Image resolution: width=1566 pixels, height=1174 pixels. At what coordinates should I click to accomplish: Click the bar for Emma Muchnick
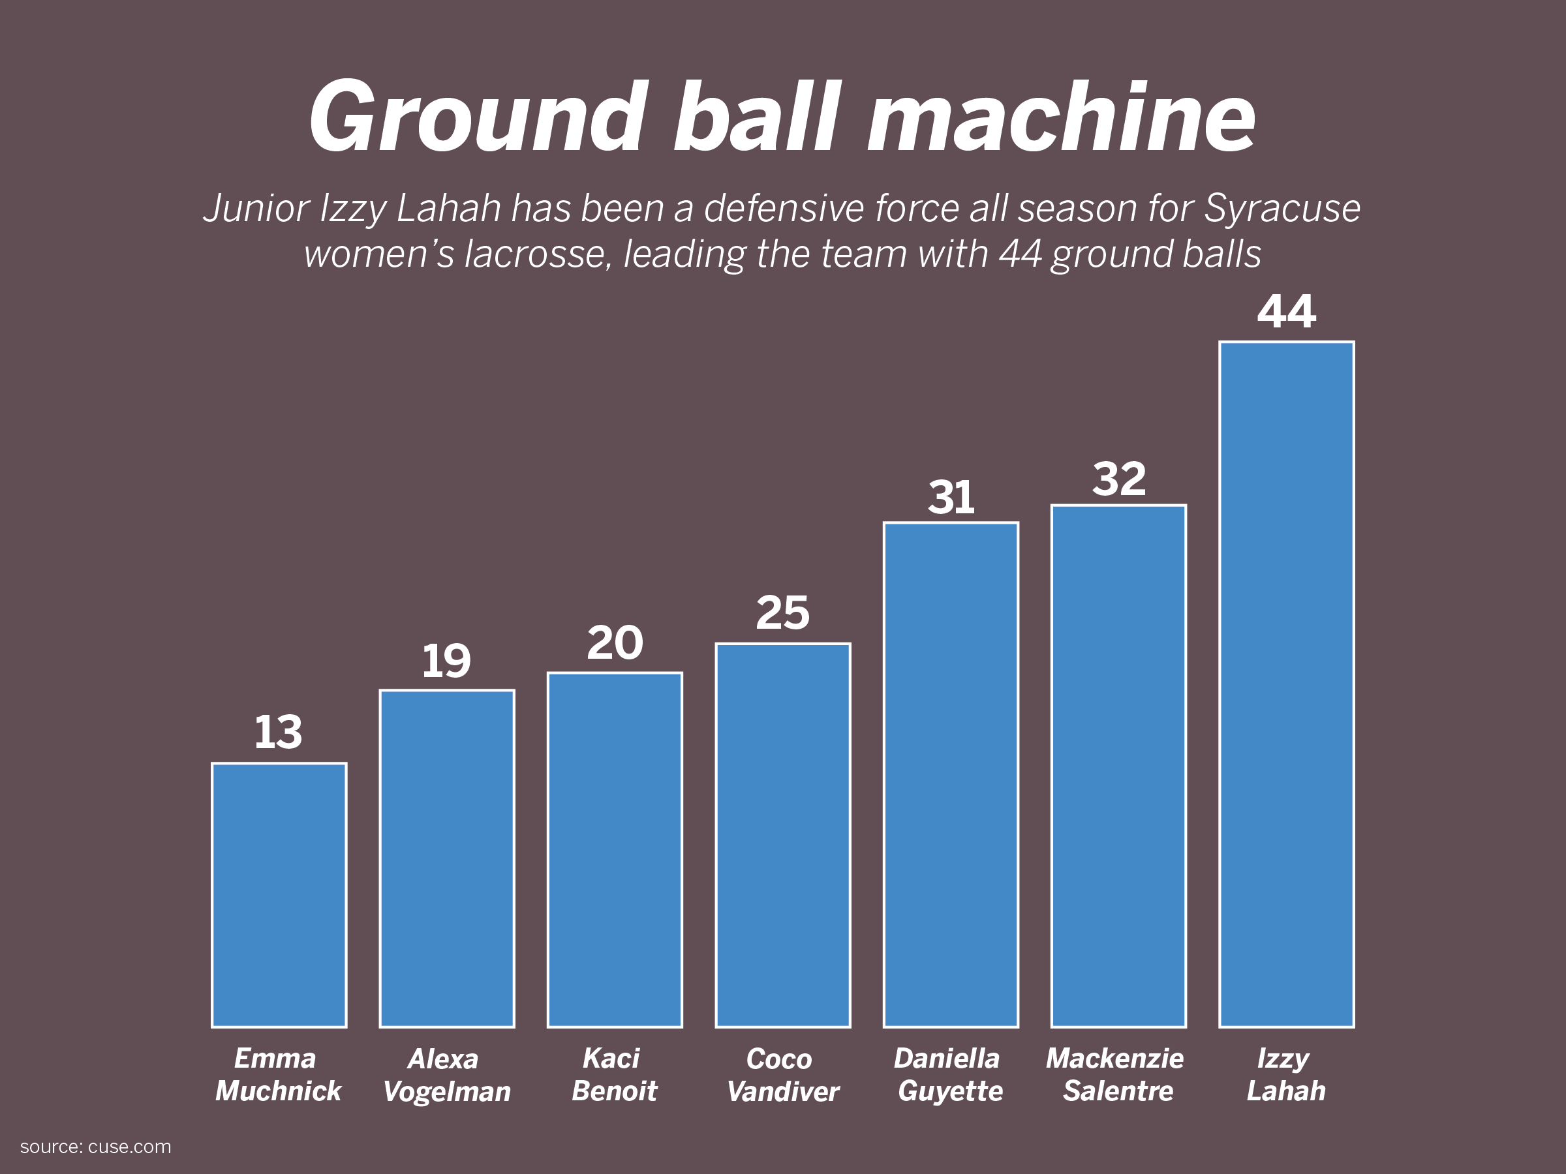[x=279, y=896]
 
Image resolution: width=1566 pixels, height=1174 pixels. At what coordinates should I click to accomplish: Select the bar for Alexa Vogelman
[x=447, y=858]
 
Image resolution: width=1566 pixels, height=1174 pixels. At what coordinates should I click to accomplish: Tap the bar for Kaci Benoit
[x=615, y=850]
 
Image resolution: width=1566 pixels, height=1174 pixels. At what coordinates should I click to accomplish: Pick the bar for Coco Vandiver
[x=783, y=835]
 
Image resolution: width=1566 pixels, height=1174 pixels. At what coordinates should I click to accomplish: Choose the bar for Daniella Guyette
[x=951, y=775]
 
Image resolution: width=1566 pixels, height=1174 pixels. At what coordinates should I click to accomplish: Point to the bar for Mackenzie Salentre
[x=1118, y=766]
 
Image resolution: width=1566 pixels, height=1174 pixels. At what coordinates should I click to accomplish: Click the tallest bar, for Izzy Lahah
[x=1286, y=684]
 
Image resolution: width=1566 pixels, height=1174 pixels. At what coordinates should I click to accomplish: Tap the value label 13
[x=278, y=732]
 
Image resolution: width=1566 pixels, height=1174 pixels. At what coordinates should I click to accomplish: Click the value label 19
[x=446, y=661]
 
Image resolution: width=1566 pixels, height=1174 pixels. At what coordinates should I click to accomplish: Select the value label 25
[x=782, y=612]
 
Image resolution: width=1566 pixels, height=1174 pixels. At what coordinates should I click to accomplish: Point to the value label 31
[x=951, y=497]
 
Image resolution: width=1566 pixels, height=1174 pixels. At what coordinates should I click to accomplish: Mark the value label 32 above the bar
[x=1118, y=479]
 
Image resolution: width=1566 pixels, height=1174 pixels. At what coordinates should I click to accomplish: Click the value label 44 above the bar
[x=1286, y=311]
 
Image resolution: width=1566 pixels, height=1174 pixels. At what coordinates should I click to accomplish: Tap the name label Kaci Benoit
[x=614, y=1075]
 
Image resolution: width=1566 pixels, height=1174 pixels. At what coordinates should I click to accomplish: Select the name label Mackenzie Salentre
[x=1115, y=1075]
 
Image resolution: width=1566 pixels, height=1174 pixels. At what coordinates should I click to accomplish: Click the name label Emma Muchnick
[x=277, y=1075]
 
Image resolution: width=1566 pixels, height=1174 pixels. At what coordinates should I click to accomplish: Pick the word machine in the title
[x=1062, y=117]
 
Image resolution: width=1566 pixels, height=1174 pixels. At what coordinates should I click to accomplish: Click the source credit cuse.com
[x=130, y=1147]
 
